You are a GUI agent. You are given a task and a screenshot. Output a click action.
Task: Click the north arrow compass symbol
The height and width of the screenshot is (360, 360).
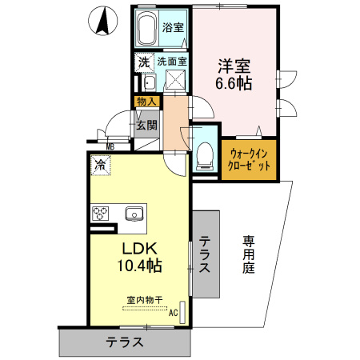pos(102,21)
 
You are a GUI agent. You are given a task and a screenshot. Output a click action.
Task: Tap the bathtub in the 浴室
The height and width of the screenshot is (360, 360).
pos(146,28)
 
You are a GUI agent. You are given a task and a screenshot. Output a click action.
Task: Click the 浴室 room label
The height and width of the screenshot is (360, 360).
pos(173,27)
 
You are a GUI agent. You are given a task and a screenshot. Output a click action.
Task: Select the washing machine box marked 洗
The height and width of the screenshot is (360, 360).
pos(144,62)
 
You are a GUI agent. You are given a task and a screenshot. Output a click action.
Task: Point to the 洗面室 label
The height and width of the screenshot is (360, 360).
pos(172,62)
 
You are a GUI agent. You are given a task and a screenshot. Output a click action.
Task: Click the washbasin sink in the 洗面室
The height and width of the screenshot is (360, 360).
pos(149,83)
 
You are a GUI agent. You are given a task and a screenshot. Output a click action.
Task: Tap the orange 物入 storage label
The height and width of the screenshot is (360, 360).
pos(146,102)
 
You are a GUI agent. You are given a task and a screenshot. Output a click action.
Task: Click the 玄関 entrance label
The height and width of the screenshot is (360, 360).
pos(146,125)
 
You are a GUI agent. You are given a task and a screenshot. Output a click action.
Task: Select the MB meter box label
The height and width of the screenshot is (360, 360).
pos(110,146)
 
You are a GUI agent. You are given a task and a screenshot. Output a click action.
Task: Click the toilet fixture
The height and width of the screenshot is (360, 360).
pos(205,157)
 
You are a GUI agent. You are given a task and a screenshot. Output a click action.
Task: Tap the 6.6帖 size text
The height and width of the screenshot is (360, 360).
pos(234,84)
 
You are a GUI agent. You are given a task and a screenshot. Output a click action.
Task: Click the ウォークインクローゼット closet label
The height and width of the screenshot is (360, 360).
pos(249,160)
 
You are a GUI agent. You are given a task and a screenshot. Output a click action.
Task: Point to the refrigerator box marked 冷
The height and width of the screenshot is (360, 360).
pos(101,166)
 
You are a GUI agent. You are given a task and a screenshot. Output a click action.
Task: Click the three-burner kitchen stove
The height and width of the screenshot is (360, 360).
pos(100,214)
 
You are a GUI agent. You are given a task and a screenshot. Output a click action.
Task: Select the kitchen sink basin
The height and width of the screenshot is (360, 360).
pos(134,214)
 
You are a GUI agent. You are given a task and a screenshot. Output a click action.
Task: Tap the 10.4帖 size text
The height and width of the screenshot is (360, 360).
pos(139,265)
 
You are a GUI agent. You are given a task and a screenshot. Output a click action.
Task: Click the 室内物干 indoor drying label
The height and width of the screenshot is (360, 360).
pos(145,300)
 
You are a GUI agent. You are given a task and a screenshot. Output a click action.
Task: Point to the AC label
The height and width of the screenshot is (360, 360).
pos(173,313)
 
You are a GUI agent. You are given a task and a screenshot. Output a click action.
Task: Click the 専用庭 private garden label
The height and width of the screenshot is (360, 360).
pos(248,254)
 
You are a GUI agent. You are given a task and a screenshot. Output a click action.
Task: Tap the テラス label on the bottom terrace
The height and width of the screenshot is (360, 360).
pos(125,342)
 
